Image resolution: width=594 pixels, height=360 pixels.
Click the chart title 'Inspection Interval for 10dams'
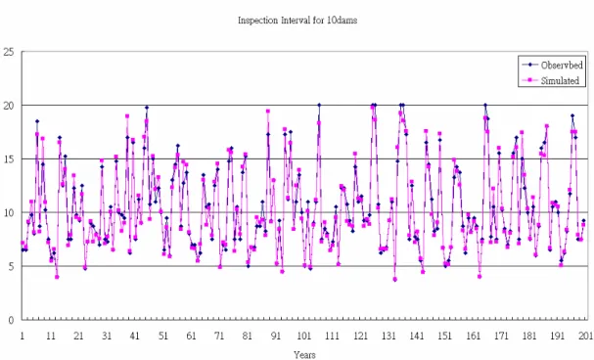pos(297,21)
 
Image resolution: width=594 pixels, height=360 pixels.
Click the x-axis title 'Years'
pos(304,355)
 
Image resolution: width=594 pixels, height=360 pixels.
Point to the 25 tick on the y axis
pos(9,52)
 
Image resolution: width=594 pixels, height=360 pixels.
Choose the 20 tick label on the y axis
pos(9,106)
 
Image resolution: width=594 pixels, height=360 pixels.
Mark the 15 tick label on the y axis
pos(9,159)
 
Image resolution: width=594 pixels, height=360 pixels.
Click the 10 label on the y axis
pos(9,213)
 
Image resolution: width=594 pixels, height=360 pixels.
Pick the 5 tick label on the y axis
pos(11,266)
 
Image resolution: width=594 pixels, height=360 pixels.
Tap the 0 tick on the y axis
pos(11,320)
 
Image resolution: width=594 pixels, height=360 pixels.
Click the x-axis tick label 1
pos(22,336)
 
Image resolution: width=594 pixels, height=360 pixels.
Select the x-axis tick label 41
pos(134,336)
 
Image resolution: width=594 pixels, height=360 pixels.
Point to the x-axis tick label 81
pos(248,336)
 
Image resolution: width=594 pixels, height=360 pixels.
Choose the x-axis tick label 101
pos(303,336)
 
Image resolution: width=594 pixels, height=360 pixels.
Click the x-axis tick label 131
pos(388,336)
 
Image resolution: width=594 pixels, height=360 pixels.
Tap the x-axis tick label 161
pos(474,336)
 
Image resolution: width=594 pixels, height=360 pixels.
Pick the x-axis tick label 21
pos(78,336)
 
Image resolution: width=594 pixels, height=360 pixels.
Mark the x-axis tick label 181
pos(529,336)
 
